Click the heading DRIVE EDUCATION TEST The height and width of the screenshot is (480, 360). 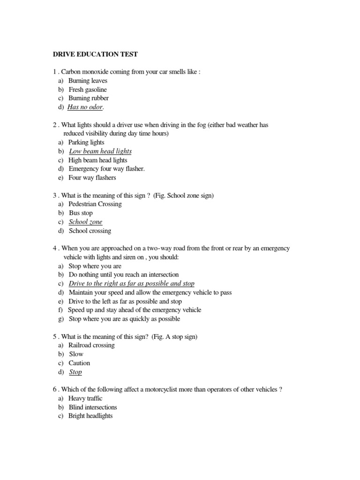(x=95, y=54)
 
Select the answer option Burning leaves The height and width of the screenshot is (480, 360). (x=88, y=81)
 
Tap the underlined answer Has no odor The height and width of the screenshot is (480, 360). (x=85, y=107)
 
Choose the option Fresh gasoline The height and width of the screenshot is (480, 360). (x=88, y=90)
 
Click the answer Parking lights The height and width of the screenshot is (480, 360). (x=86, y=142)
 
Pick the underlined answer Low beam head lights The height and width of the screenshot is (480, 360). (x=100, y=151)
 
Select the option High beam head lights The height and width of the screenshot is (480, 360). (x=97, y=160)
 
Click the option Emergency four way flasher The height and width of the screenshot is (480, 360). (x=106, y=169)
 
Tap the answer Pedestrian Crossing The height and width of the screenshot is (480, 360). (x=95, y=204)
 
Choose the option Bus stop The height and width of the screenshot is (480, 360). (x=81, y=213)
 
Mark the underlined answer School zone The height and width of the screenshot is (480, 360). (x=85, y=222)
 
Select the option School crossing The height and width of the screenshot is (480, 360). (x=90, y=231)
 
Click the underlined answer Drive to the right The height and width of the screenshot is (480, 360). (x=131, y=284)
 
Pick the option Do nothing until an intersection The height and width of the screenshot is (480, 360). (x=123, y=275)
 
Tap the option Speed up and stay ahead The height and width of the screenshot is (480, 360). (x=135, y=310)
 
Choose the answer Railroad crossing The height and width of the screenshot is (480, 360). (x=91, y=345)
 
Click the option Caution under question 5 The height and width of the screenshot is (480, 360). (x=79, y=363)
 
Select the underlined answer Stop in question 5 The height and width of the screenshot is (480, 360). (x=75, y=372)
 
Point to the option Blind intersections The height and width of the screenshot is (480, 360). (x=93, y=407)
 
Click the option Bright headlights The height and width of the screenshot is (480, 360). (x=90, y=416)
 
